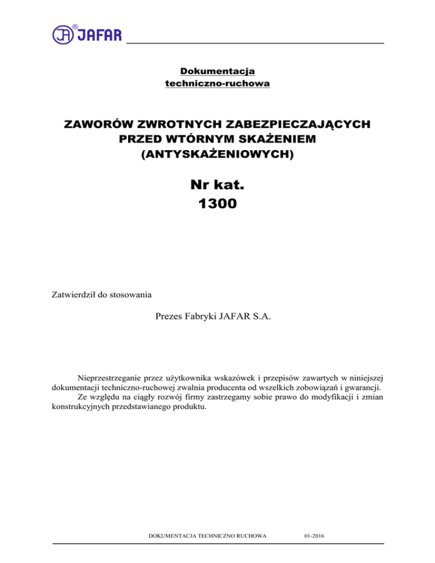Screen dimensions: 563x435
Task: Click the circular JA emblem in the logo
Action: tap(63, 35)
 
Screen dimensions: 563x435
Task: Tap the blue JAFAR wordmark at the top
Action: tap(99, 35)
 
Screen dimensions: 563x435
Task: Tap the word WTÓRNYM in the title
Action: tap(208, 139)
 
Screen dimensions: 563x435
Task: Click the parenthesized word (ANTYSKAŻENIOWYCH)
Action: tap(217, 153)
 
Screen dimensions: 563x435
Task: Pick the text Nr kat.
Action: tap(217, 184)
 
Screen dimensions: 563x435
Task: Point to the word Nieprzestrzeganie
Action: tap(114, 378)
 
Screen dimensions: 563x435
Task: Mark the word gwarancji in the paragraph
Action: tap(362, 389)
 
